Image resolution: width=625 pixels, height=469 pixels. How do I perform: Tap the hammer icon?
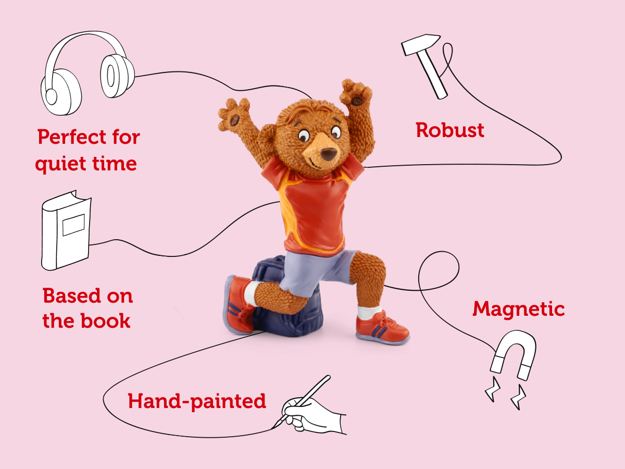tap(426, 65)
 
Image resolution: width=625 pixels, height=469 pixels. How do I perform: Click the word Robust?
tap(450, 130)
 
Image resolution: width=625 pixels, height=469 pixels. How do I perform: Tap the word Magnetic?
tap(518, 309)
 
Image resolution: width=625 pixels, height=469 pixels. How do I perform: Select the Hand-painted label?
tap(197, 401)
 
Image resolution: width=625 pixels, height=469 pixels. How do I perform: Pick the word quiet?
tap(57, 164)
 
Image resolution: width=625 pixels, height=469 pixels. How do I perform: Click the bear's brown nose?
tap(328, 154)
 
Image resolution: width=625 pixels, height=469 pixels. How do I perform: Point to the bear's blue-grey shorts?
tap(318, 271)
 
